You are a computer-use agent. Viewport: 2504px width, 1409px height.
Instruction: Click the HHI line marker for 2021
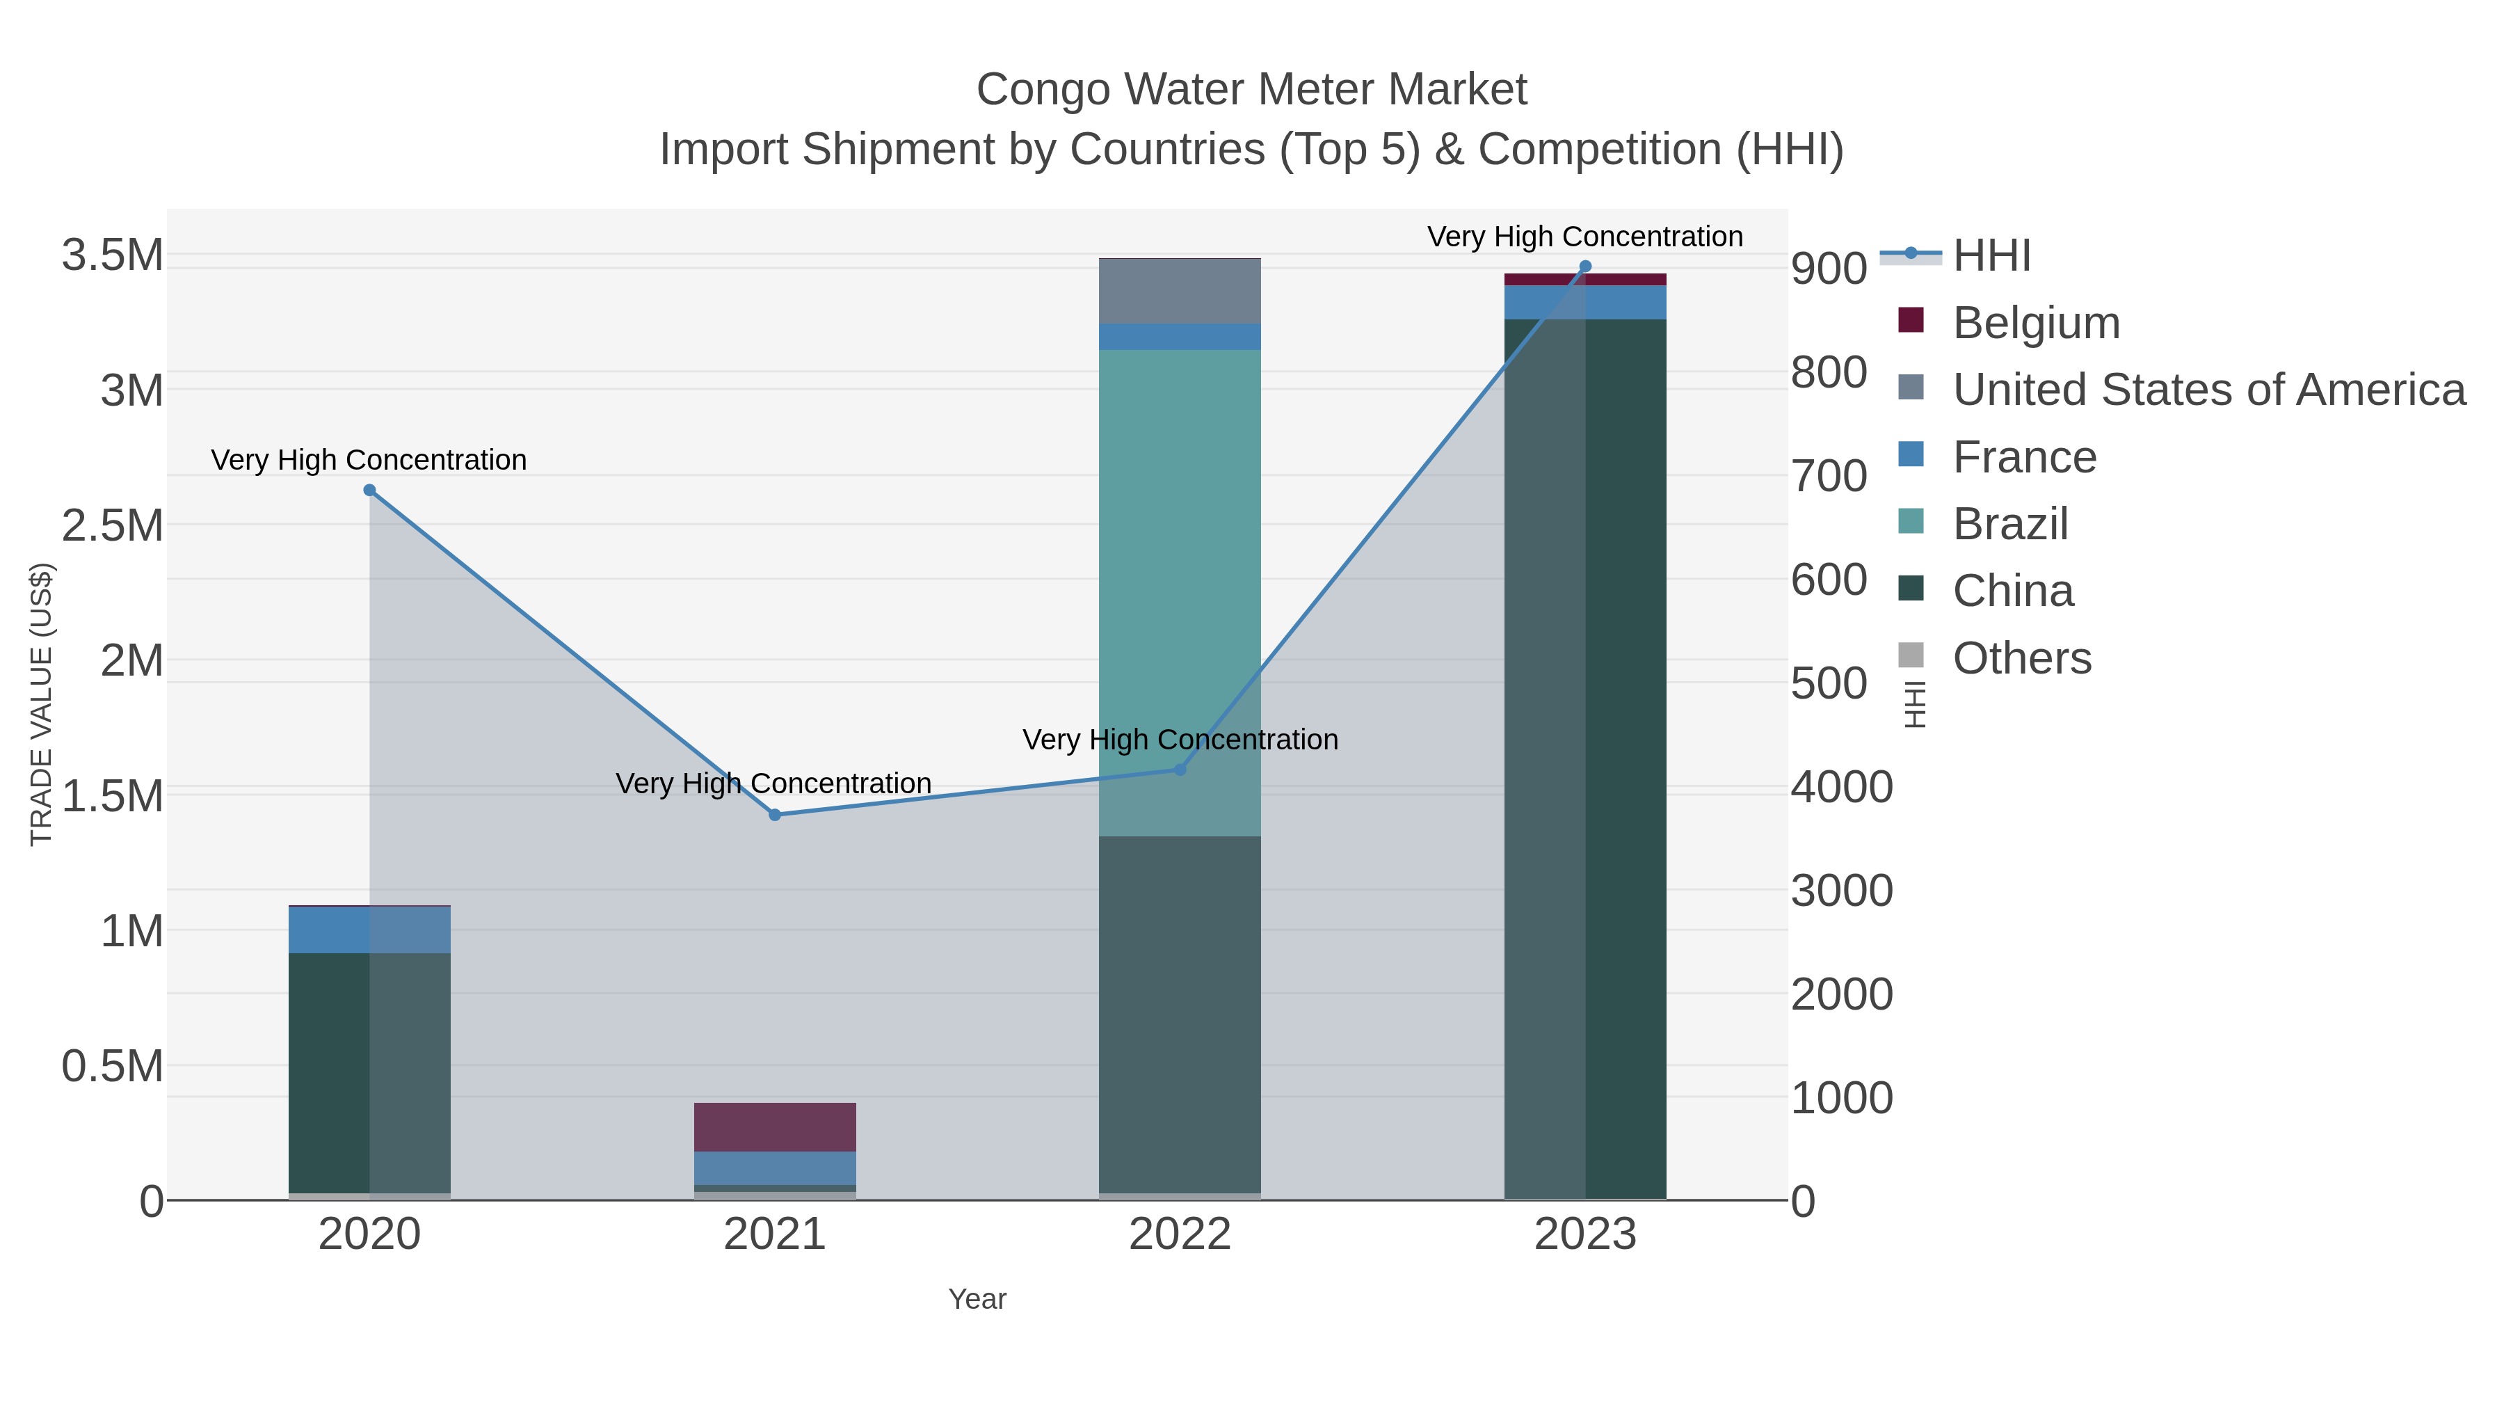click(x=775, y=815)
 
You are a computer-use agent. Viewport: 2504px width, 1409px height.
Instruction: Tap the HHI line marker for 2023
click(x=1585, y=266)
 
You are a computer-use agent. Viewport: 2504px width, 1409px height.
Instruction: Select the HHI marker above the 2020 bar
click(x=369, y=490)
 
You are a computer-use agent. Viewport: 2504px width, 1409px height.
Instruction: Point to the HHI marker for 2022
click(x=1180, y=769)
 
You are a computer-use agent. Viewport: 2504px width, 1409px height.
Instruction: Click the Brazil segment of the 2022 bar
click(x=1180, y=584)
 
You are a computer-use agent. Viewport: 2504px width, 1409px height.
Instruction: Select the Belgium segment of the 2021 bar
click(x=775, y=1127)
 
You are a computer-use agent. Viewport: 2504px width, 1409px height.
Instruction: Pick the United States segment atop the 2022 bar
click(x=1180, y=291)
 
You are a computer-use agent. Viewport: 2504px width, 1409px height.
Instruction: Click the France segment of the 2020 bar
click(x=369, y=930)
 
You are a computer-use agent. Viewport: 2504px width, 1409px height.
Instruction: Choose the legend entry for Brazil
click(x=2009, y=524)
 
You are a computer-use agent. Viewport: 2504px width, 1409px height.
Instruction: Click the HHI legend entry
click(x=1991, y=256)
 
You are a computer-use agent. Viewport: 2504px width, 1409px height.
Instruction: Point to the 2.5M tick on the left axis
click(x=112, y=526)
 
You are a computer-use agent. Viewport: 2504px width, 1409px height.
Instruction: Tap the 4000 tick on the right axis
click(x=1842, y=787)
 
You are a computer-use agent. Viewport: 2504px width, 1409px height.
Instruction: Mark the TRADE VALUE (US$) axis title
click(x=41, y=704)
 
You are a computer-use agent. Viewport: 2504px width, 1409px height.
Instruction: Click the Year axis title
click(x=977, y=1299)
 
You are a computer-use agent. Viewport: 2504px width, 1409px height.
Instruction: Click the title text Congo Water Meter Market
click(x=1251, y=90)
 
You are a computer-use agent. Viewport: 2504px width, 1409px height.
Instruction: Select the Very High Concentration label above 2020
click(x=369, y=460)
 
